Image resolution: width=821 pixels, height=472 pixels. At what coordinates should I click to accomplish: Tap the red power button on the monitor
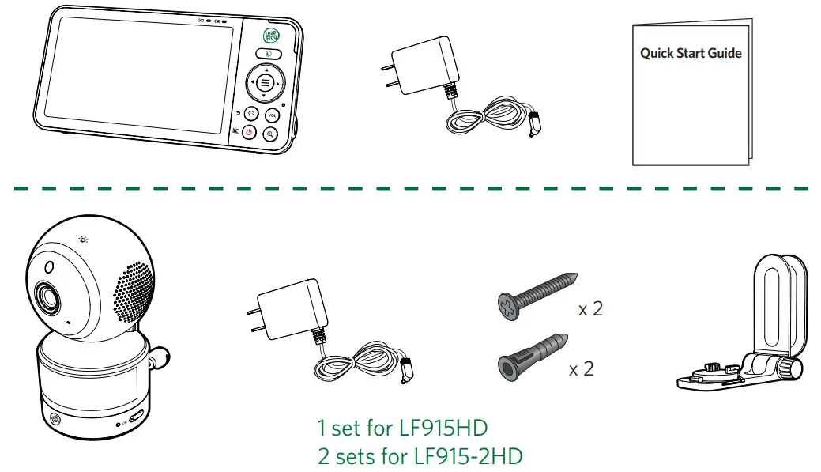[x=249, y=133]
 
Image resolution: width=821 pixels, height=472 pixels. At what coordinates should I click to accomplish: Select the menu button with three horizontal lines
[x=264, y=82]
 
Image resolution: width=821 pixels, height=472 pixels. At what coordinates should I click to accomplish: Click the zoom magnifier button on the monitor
[x=271, y=134]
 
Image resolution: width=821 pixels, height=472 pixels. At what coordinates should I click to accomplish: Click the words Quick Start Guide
[x=691, y=54]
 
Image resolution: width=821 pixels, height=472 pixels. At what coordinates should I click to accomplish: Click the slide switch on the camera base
[x=137, y=416]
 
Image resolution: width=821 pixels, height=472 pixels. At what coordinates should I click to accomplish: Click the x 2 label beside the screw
[x=590, y=309]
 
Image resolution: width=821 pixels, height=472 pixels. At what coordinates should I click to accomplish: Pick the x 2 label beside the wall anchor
[x=581, y=369]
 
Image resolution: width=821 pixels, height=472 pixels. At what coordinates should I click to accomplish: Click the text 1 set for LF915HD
[x=402, y=429]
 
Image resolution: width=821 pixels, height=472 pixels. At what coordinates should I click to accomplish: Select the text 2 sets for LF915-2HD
[x=420, y=456]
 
